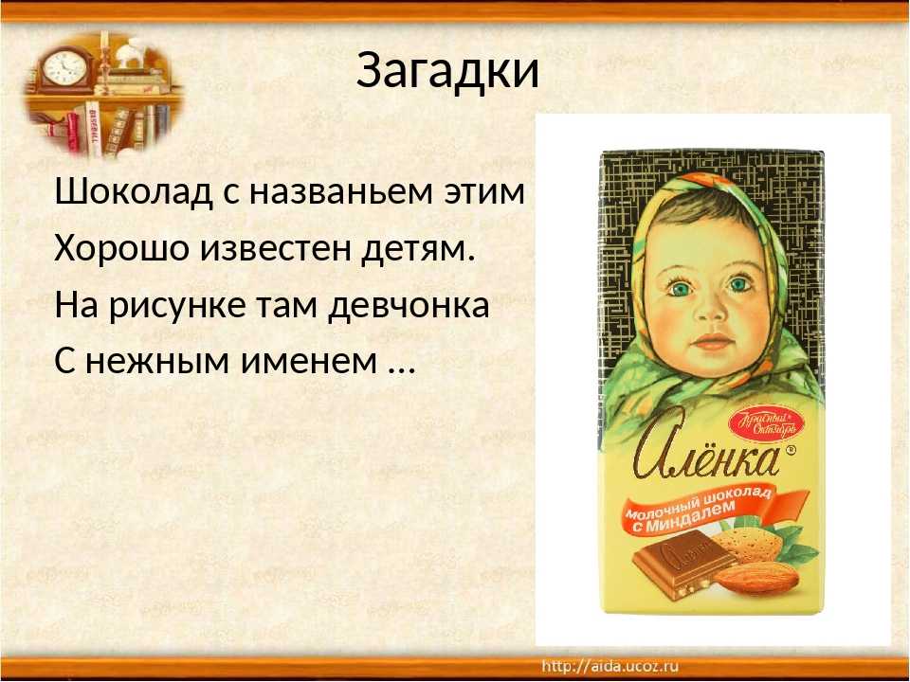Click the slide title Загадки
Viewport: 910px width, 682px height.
(x=447, y=71)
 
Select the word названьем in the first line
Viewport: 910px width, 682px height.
(x=341, y=192)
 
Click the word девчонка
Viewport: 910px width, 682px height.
(x=409, y=306)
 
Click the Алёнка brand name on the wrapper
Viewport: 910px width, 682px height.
(x=706, y=451)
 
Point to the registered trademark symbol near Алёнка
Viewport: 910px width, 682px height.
(x=790, y=450)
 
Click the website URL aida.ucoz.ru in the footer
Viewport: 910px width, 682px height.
(x=610, y=666)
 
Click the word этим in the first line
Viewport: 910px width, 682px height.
(x=484, y=192)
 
